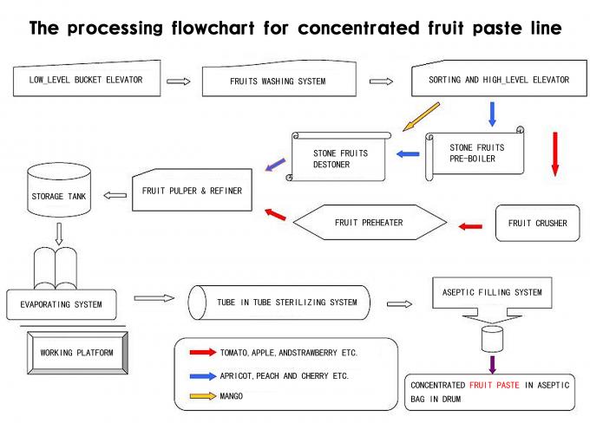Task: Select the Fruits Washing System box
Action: tap(278, 81)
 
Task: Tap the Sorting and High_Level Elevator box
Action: tap(498, 80)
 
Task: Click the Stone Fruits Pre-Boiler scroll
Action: tap(476, 153)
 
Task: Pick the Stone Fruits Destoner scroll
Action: tap(340, 159)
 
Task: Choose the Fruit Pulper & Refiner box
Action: tap(193, 190)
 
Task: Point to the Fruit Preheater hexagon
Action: tap(368, 223)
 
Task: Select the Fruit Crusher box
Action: tap(537, 223)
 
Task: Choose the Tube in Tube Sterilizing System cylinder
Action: tap(279, 303)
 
